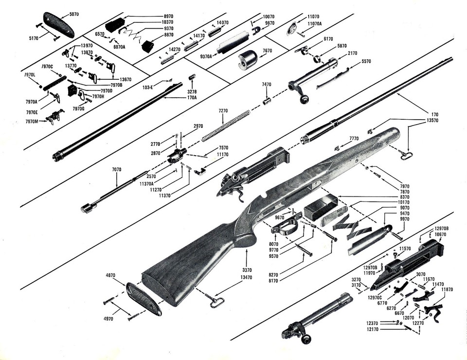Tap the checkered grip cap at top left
pos(58,24)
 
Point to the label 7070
pos(117,169)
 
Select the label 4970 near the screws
pos(108,319)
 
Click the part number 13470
pos(247,278)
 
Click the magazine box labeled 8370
pos(321,205)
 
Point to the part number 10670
pos(441,234)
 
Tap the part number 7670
pos(267,51)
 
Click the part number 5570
pos(366,62)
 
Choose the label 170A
pos(192,97)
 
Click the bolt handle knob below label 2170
pos(305,99)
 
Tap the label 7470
pos(266,85)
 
